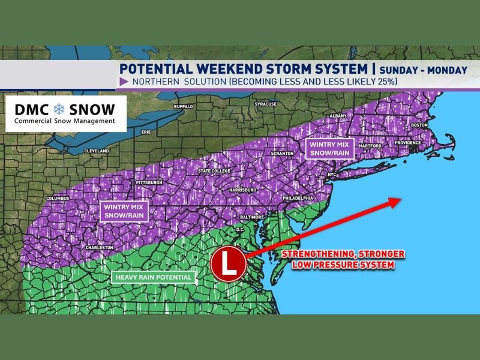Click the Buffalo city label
184,106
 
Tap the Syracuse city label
266,104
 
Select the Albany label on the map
340,115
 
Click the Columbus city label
58,199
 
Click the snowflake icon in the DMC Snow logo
59,110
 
